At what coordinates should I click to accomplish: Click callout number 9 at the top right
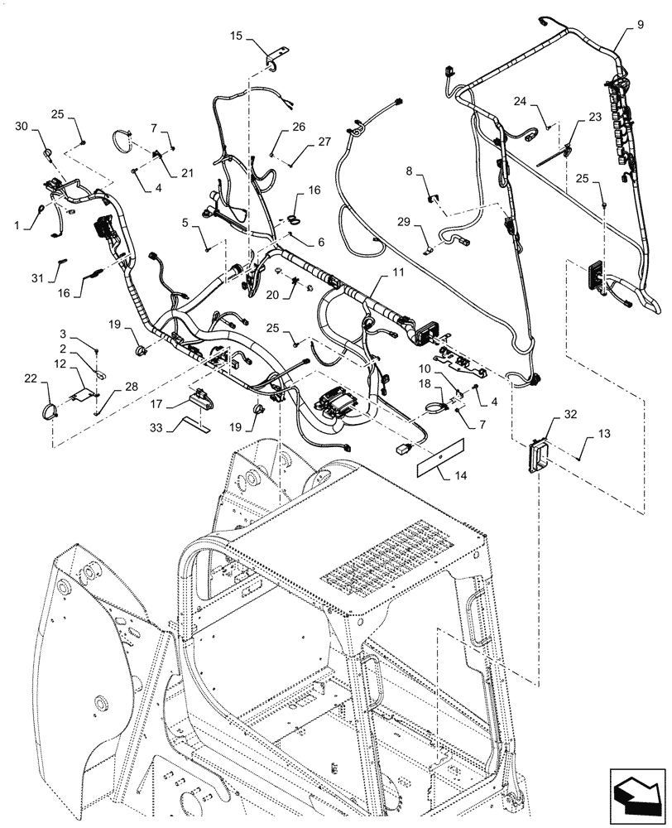[x=640, y=26]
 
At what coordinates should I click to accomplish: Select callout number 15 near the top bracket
[x=236, y=36]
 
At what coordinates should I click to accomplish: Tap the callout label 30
[x=22, y=125]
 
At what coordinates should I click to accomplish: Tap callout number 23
[x=595, y=118]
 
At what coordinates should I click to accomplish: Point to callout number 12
[x=60, y=363]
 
